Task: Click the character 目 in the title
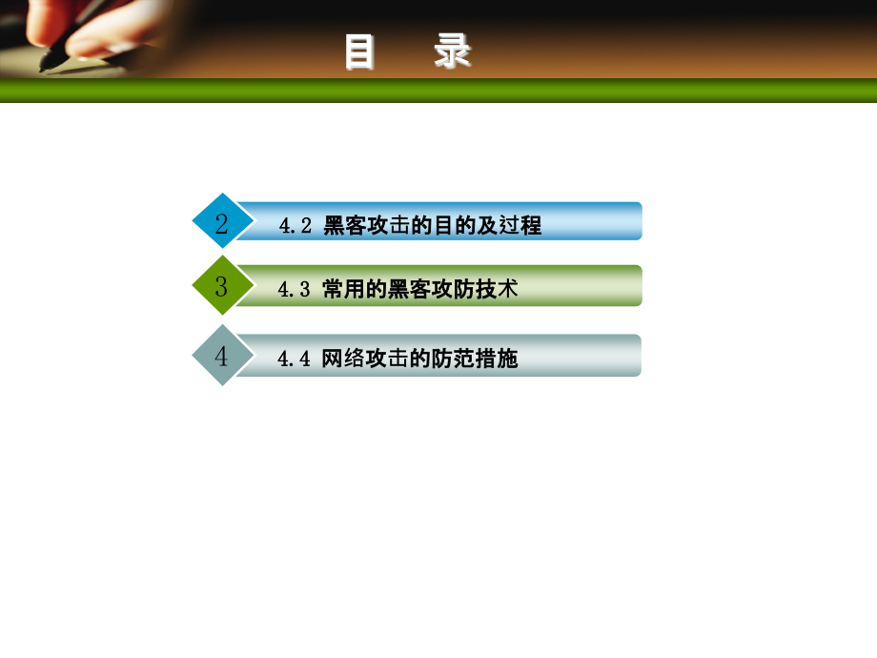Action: tap(360, 52)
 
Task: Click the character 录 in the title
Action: tap(453, 52)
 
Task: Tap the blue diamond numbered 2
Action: tap(222, 224)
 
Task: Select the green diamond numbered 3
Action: tap(222, 286)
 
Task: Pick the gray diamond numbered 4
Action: tap(222, 357)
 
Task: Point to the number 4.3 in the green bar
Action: tap(295, 289)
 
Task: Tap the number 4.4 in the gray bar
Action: tap(295, 360)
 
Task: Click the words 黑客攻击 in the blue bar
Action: tap(368, 226)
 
